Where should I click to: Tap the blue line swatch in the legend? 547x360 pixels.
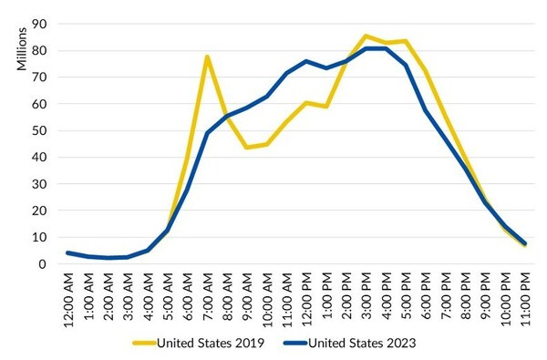294,344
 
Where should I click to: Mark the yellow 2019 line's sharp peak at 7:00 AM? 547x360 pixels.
207,57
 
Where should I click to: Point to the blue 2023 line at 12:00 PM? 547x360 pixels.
305,62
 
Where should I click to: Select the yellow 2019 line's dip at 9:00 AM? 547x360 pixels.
246,148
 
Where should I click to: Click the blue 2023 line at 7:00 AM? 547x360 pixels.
207,133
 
